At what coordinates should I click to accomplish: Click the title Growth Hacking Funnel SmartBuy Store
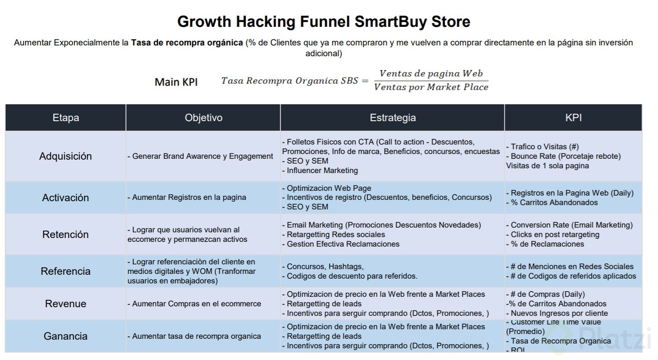tap(324, 22)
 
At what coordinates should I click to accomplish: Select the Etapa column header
tap(66, 118)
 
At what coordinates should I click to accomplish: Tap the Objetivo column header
tap(203, 118)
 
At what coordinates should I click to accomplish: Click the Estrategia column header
tap(392, 118)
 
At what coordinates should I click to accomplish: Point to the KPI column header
tap(573, 118)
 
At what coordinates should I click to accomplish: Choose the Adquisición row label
tap(66, 156)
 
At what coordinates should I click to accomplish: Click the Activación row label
tap(66, 198)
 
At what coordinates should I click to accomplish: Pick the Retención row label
tap(66, 235)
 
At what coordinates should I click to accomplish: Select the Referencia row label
tap(66, 271)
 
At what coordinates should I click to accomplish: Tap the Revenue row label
tap(66, 304)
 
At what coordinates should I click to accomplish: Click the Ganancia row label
tap(66, 336)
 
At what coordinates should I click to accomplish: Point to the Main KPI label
tap(176, 82)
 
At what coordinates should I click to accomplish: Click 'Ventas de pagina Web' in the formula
tap(431, 74)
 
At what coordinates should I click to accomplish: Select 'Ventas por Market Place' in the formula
tap(431, 87)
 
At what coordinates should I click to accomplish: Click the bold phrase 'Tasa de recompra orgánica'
tap(187, 43)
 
